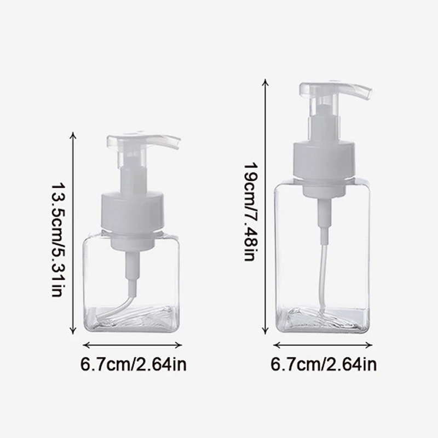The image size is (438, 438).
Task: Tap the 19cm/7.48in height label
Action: pyautogui.click(x=251, y=212)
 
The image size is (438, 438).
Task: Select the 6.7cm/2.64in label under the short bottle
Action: pyautogui.click(x=133, y=364)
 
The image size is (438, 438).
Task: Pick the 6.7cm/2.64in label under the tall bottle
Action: pyautogui.click(x=324, y=364)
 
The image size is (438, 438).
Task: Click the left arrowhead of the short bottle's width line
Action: pyautogui.click(x=85, y=345)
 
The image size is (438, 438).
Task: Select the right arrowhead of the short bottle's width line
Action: pyautogui.click(x=181, y=345)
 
